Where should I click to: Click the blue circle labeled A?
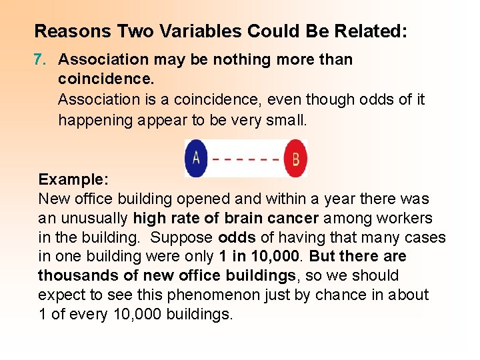point(196,158)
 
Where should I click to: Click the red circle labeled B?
point(295,159)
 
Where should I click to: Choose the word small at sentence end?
point(288,120)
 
